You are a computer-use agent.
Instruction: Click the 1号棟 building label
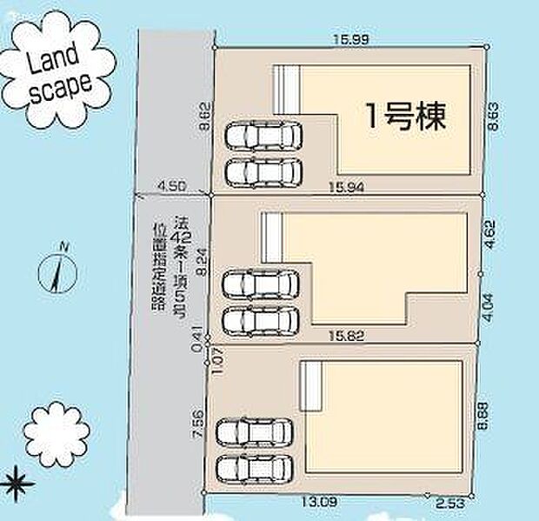click(405, 117)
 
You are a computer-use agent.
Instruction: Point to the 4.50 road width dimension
click(172, 184)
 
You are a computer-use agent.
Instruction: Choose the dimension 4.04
click(489, 304)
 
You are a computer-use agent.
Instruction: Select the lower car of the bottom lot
click(254, 467)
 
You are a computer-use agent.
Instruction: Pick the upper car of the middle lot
click(260, 284)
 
